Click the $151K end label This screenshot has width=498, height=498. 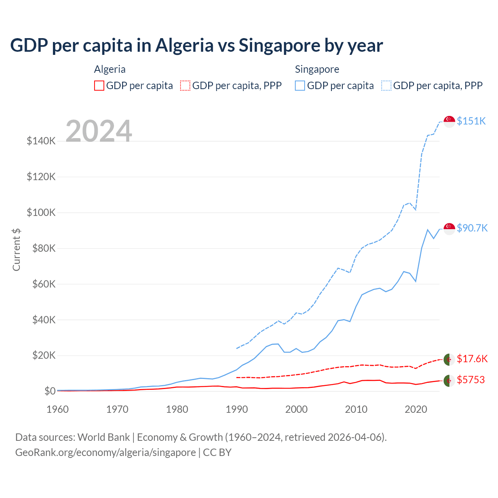pyautogui.click(x=471, y=121)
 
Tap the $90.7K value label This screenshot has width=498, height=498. pyautogui.click(x=472, y=228)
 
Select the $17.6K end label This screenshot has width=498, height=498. pyautogui.click(x=472, y=359)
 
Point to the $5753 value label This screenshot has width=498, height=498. pyautogui.click(x=471, y=380)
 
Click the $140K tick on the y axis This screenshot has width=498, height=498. pyautogui.click(x=41, y=141)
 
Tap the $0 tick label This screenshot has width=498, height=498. pyautogui.click(x=50, y=391)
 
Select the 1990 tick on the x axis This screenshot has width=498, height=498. pyautogui.click(x=237, y=409)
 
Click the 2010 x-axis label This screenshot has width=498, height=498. pyautogui.click(x=356, y=409)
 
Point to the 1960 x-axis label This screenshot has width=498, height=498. pyautogui.click(x=58, y=409)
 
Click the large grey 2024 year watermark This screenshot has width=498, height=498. pyautogui.click(x=99, y=131)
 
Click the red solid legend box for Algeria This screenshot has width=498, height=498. pyautogui.click(x=99, y=86)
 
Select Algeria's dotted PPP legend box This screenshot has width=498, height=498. pyautogui.click(x=185, y=86)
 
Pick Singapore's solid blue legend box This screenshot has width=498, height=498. pyautogui.click(x=300, y=86)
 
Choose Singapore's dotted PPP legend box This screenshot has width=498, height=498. pyautogui.click(x=386, y=86)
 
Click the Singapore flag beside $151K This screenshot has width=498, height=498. pyautogui.click(x=449, y=121)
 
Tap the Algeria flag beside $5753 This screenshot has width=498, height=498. pyautogui.click(x=449, y=381)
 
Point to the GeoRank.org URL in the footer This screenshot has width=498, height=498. pyautogui.click(x=105, y=452)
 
